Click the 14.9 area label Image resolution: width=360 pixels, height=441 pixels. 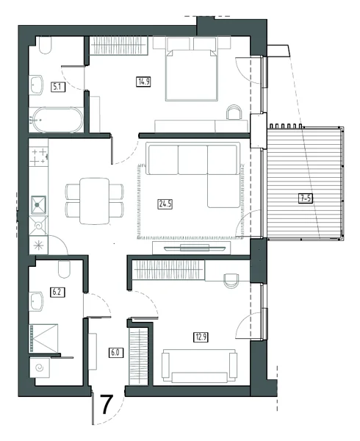click(144, 82)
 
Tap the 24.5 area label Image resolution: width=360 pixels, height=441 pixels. click(165, 204)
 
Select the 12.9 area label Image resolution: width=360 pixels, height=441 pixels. click(201, 337)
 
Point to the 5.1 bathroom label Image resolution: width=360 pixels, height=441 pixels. click(58, 87)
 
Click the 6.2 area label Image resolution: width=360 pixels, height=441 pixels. click(57, 292)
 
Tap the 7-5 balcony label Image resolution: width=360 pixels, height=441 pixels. click(305, 198)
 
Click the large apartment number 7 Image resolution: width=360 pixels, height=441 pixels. click(107, 404)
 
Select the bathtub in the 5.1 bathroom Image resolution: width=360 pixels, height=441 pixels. click(58, 120)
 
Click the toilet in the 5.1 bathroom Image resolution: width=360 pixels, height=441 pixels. click(46, 45)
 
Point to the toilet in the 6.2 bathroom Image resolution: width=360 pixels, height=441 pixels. click(64, 270)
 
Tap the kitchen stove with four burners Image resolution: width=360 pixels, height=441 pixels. click(39, 157)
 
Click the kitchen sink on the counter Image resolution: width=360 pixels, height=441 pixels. click(38, 205)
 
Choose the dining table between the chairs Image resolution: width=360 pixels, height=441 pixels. click(95, 201)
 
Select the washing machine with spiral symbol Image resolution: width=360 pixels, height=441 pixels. click(40, 367)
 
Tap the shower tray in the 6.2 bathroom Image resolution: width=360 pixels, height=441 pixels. click(43, 338)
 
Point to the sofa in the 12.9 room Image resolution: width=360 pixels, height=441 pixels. click(199, 365)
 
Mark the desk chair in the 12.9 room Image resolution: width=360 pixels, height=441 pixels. click(231, 281)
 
